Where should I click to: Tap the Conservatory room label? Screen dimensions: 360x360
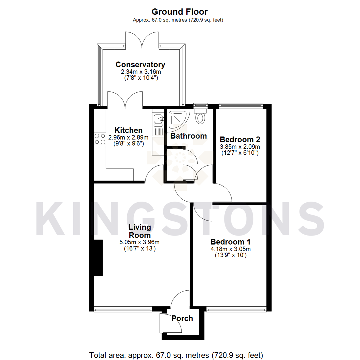pyautogui.click(x=140, y=64)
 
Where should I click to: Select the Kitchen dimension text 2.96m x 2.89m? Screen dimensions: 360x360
pyautogui.click(x=128, y=137)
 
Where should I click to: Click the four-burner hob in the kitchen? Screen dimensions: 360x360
pyautogui.click(x=99, y=139)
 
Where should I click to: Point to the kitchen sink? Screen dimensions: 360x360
pyautogui.click(x=158, y=118)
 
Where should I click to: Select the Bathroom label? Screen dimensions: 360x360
pyautogui.click(x=188, y=136)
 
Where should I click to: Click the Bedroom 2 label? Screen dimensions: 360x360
pyautogui.click(x=240, y=139)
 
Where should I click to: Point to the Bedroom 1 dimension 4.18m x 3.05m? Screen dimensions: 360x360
pyautogui.click(x=231, y=249)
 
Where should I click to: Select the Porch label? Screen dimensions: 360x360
pyautogui.click(x=182, y=318)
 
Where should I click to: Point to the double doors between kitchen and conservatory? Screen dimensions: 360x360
pyautogui.click(x=125, y=100)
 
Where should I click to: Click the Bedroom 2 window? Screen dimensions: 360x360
pyautogui.click(x=241, y=106)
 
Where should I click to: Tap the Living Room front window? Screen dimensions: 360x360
pyautogui.click(x=123, y=309)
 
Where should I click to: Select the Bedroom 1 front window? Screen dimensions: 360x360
pyautogui.click(x=237, y=309)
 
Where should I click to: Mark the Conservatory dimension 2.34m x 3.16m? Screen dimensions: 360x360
pyautogui.click(x=140, y=72)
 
